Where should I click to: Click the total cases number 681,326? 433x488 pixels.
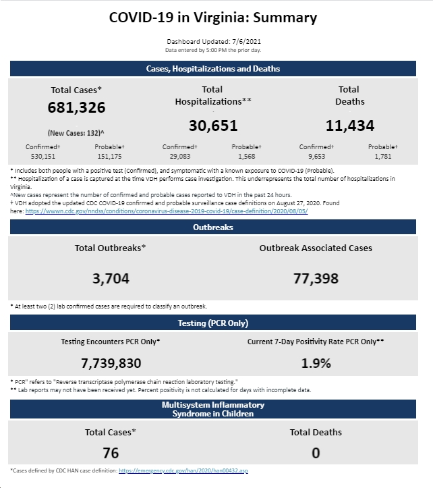(x=76, y=107)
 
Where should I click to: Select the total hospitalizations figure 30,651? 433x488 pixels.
(x=213, y=126)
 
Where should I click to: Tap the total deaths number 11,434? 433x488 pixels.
(x=350, y=126)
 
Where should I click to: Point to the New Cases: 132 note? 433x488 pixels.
(x=76, y=133)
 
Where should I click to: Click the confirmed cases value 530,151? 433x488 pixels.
(x=43, y=156)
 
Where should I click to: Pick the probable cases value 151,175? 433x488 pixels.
(x=109, y=156)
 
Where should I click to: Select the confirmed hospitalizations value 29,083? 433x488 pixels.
(x=180, y=156)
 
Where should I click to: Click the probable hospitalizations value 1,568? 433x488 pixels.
(x=247, y=156)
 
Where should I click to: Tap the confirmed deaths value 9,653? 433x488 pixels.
(x=317, y=156)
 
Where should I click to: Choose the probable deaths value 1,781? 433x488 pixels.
(x=383, y=156)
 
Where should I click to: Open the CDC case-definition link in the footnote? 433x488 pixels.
(x=167, y=211)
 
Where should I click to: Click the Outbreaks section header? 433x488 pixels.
(x=213, y=227)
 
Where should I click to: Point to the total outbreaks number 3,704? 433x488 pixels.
(x=111, y=279)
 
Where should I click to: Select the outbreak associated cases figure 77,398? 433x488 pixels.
(x=316, y=279)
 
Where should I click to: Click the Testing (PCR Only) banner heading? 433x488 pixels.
(x=213, y=323)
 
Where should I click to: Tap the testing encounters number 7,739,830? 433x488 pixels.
(x=111, y=363)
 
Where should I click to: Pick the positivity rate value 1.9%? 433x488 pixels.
(x=316, y=363)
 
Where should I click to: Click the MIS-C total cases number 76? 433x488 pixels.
(x=111, y=453)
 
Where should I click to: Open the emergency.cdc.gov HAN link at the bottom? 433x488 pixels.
(x=183, y=470)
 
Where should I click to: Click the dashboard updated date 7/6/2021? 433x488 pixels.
(x=247, y=42)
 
